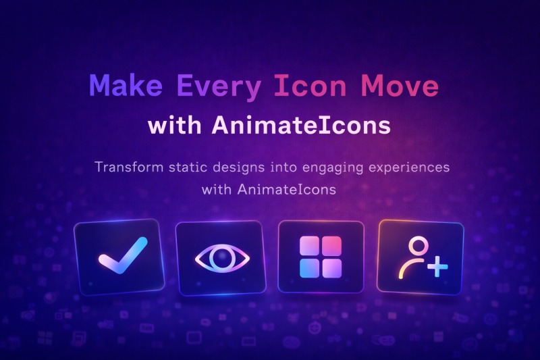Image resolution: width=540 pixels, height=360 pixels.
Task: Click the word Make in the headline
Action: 126,85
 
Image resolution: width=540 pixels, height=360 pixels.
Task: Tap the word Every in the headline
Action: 219,87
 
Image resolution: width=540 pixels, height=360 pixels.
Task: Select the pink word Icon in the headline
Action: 310,85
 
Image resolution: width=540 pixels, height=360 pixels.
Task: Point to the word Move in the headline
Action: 400,85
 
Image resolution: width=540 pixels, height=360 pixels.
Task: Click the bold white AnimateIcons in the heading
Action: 301,125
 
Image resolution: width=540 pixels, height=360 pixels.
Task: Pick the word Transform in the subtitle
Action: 129,167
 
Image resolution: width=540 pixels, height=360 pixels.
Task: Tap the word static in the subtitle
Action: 188,167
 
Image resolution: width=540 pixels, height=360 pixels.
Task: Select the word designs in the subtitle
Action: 239,168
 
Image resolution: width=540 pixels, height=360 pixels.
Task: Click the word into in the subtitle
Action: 283,167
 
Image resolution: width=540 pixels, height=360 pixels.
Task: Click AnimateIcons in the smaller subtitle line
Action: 286,190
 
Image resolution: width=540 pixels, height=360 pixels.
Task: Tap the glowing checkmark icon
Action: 123,255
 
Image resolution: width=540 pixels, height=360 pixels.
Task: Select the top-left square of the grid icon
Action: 309,245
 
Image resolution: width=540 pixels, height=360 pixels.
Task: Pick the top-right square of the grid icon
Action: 332,245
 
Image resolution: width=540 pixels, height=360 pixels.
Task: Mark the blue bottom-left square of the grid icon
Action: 309,268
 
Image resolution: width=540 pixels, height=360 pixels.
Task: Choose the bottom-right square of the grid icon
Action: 332,268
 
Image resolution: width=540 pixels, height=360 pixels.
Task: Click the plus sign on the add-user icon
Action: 437,266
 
